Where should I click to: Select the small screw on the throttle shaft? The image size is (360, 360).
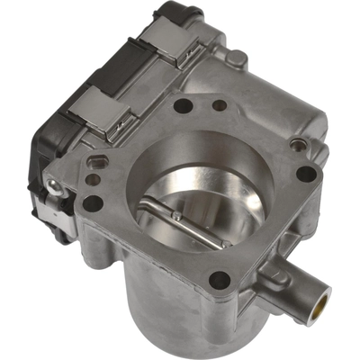pos(176,215)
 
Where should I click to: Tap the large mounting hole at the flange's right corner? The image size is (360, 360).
pos(305,174)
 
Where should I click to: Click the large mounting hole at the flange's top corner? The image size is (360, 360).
pos(184,105)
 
